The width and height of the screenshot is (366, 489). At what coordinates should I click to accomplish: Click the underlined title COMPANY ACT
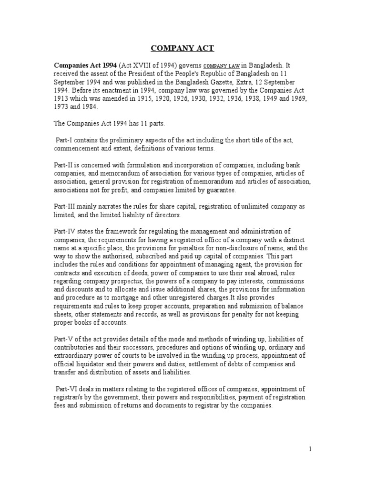coord(183,48)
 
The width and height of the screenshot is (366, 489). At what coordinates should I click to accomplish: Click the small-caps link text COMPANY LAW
coord(225,66)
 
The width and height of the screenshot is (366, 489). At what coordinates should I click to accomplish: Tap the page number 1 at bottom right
coord(310,448)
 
